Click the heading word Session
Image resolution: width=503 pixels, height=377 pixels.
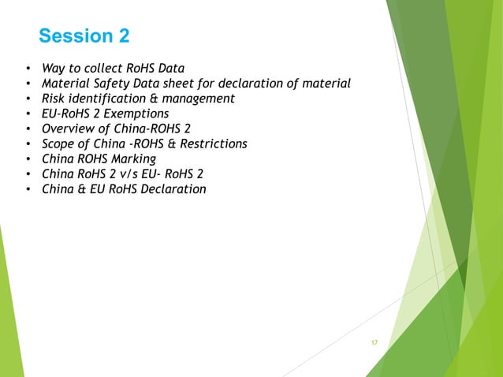pos(75,36)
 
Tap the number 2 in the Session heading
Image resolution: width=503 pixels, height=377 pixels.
pos(123,36)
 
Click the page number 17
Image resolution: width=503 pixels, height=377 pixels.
pos(374,342)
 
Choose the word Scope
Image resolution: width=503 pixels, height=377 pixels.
pos(60,144)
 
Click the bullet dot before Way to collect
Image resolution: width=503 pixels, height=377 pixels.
pos(28,69)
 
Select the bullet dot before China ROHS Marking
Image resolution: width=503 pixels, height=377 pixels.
pos(28,159)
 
